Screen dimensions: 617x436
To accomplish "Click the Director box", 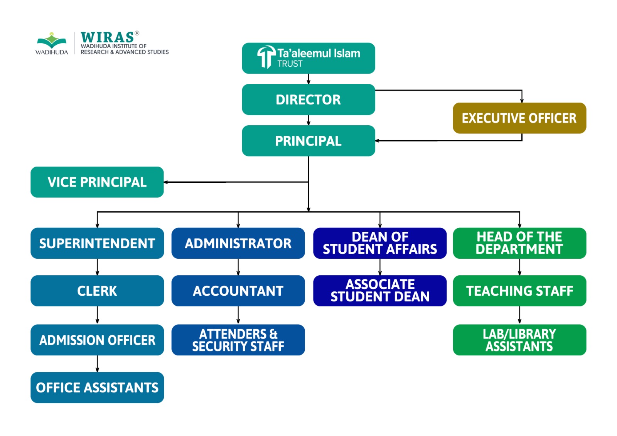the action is [308, 99].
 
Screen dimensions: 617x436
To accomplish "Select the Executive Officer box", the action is [519, 118].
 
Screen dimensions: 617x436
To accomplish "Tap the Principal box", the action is [308, 141].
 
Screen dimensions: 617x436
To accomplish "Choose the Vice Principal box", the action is [97, 182].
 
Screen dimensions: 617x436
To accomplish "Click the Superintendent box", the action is [97, 243].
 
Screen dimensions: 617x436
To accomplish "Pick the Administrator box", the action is [238, 243].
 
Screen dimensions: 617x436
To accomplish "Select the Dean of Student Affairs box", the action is [380, 243].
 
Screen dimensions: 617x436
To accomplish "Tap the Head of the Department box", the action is [519, 243].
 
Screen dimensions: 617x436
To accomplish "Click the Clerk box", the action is [97, 291].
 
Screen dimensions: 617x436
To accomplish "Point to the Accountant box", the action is [238, 291].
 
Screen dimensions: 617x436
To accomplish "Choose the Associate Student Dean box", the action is [380, 291].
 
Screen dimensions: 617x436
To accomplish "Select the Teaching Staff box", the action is [519, 291].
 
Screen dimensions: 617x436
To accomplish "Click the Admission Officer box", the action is [97, 340].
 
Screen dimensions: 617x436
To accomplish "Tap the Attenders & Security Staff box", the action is [238, 340].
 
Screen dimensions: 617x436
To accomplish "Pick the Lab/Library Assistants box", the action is [519, 340].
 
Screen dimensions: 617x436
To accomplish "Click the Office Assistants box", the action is [97, 387].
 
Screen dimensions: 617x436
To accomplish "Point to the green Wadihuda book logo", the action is [52, 40].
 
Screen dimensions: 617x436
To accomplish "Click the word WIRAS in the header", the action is [107, 37].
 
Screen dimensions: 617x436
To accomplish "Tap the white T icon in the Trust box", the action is [266, 57].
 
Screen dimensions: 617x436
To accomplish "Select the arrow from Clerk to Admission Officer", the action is [97, 315].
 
